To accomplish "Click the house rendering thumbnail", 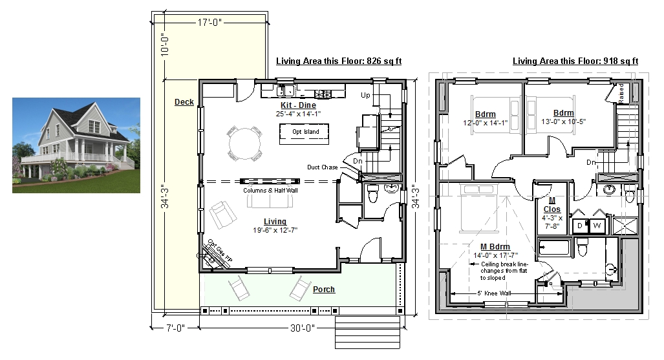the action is [x=76, y=145].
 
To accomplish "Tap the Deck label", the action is [x=184, y=102].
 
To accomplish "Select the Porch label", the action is [x=324, y=290].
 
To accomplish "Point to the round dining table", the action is [x=245, y=143].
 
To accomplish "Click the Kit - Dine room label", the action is [x=298, y=105].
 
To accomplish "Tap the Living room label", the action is [x=275, y=222].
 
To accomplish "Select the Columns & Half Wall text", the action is [x=271, y=191].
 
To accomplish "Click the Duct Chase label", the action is [x=323, y=167].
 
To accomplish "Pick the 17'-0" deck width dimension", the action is [x=209, y=22].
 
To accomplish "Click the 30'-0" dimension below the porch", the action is [x=303, y=328].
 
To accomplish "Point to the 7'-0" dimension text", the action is [x=175, y=328].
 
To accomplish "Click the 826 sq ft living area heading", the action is [x=339, y=61].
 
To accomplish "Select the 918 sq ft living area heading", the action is [x=575, y=61].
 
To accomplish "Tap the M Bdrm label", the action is [x=495, y=247].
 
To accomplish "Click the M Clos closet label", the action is [x=552, y=205].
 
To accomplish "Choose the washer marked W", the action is [x=597, y=226].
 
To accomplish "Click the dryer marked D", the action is [x=580, y=226].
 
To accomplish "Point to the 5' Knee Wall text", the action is [x=494, y=293].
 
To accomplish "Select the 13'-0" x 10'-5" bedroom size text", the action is [x=564, y=122].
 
